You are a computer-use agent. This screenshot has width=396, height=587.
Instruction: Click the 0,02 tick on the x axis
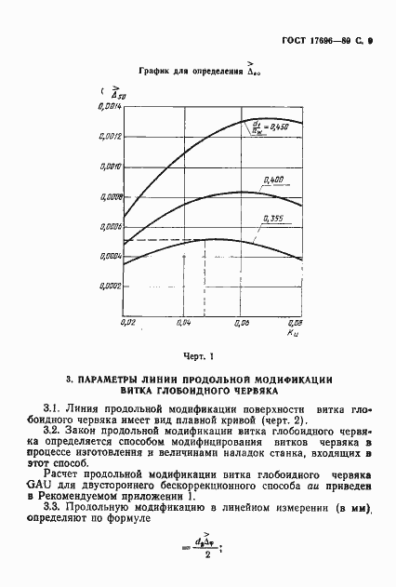point(129,322)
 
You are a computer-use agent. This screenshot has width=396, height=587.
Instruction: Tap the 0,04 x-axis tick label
point(184,322)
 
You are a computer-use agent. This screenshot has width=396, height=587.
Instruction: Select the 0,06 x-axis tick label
point(242,322)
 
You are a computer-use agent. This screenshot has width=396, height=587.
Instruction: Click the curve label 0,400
point(274,178)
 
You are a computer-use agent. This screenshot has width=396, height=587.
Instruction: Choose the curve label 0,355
point(273,218)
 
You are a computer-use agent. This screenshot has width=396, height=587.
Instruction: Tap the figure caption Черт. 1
point(198,354)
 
